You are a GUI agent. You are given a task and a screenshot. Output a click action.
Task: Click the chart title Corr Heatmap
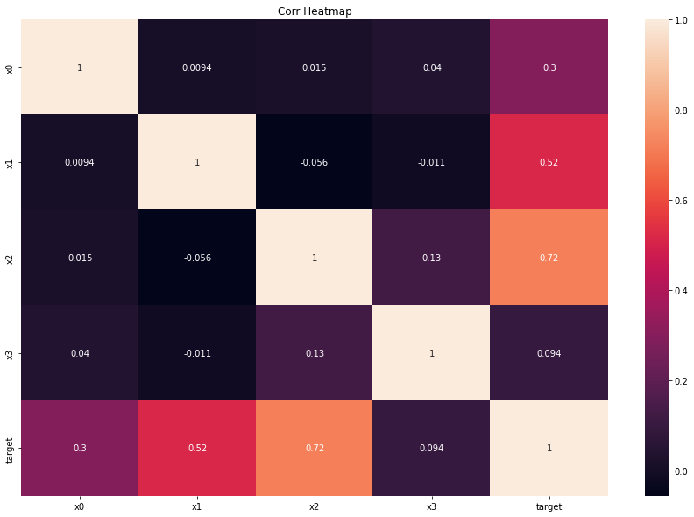315,11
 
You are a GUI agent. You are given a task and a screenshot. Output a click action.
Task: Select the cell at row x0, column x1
197,67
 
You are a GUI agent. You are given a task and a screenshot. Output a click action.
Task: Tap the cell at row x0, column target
549,67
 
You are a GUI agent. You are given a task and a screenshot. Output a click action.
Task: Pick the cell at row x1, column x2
315,162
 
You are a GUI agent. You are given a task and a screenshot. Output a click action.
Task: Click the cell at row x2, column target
549,257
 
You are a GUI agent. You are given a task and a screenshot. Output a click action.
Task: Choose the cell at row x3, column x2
315,353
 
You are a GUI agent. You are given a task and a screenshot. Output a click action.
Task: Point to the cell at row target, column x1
197,448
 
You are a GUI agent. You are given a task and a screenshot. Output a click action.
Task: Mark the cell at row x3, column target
549,353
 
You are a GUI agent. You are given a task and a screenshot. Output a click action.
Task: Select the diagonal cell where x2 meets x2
315,257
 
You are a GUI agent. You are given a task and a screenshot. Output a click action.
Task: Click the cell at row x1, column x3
431,162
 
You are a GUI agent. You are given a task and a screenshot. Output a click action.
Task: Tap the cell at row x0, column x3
431,67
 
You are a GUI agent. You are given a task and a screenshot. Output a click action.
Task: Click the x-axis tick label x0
79,506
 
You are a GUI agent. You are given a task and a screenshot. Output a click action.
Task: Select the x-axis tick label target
549,506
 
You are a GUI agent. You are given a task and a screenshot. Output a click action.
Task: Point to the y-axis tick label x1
10,162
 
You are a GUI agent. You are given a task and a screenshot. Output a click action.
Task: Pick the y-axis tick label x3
10,353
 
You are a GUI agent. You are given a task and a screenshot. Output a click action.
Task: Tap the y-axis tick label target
10,450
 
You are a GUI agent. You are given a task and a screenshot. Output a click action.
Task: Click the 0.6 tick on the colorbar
681,201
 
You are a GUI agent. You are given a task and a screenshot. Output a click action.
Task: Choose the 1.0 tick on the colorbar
681,20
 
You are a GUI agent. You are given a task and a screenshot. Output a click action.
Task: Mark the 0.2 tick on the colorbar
681,381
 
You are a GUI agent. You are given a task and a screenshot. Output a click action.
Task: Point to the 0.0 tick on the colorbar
681,471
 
